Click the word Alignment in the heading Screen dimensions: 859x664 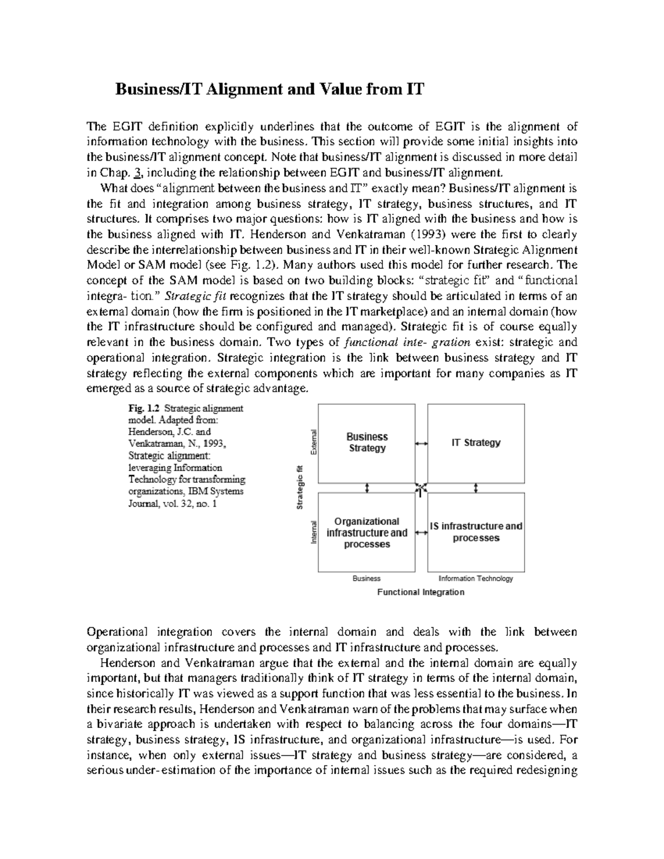tap(244, 90)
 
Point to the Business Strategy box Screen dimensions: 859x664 tap(366, 443)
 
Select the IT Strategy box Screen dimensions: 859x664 tap(476, 443)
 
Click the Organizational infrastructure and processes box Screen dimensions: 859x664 tap(366, 533)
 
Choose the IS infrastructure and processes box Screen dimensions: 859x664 tap(476, 532)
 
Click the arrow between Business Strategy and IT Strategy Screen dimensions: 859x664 tap(421, 444)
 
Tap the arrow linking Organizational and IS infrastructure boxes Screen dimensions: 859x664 tap(421, 533)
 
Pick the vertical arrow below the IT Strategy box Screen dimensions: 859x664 tap(476, 488)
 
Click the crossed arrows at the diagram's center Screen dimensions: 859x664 tap(421, 488)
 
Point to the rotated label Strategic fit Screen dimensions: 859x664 tap(299, 488)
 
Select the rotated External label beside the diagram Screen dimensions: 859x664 tap(313, 442)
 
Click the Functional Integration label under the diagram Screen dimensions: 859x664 tap(421, 592)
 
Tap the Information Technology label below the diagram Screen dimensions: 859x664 tap(475, 579)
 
